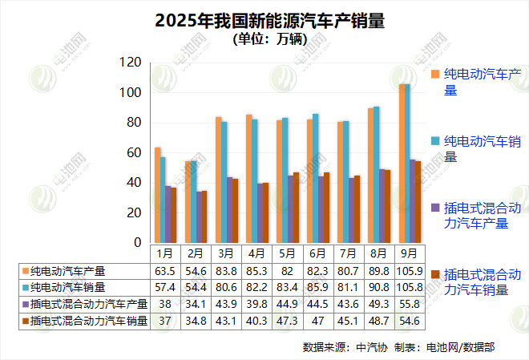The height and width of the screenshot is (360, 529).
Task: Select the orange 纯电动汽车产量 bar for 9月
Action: (x=402, y=164)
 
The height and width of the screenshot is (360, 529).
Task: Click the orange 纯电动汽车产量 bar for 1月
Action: (x=158, y=195)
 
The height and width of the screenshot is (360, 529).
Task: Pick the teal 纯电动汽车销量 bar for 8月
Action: (x=377, y=175)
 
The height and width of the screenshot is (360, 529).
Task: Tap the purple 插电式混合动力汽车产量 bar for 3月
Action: (x=230, y=210)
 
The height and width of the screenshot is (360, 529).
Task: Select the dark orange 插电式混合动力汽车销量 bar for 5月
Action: (x=296, y=208)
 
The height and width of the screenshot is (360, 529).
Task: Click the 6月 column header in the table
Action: (x=316, y=253)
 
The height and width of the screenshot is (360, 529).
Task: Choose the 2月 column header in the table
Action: (x=194, y=253)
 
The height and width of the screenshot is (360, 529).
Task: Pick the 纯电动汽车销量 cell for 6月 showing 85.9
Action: (x=316, y=287)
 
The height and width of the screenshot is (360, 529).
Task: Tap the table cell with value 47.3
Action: (x=285, y=321)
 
